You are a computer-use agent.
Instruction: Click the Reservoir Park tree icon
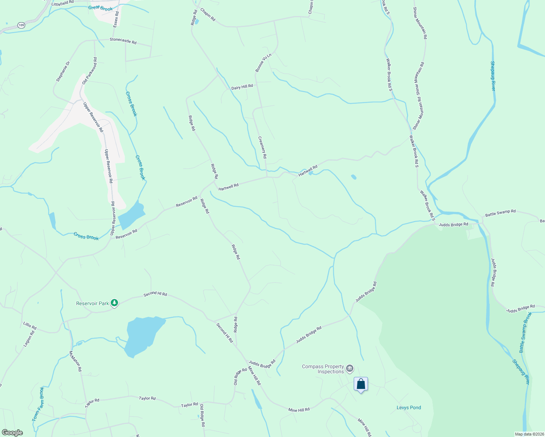114,303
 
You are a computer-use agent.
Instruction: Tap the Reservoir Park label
93,303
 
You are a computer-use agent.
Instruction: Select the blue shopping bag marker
361,384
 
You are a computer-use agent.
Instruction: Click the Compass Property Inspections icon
349,369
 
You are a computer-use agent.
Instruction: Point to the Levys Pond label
409,408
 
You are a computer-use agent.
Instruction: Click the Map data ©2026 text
529,434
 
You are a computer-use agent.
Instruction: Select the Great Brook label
101,8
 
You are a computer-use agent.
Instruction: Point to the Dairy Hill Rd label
242,87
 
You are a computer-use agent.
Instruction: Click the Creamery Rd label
262,147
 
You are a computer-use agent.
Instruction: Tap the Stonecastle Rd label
123,41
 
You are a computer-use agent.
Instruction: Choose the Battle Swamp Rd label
500,213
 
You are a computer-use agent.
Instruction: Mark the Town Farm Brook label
38,404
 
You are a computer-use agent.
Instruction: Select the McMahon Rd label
75,361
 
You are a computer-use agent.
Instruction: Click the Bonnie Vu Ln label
263,63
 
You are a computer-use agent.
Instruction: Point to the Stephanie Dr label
63,71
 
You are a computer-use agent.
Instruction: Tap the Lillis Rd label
30,325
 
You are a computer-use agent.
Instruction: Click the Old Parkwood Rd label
90,71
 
